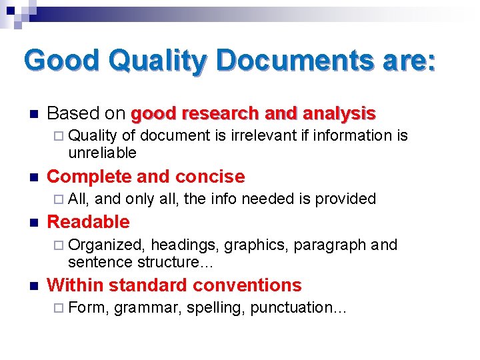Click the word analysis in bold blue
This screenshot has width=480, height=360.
339,114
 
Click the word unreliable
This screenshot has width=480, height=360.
102,153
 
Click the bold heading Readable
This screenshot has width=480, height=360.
88,222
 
